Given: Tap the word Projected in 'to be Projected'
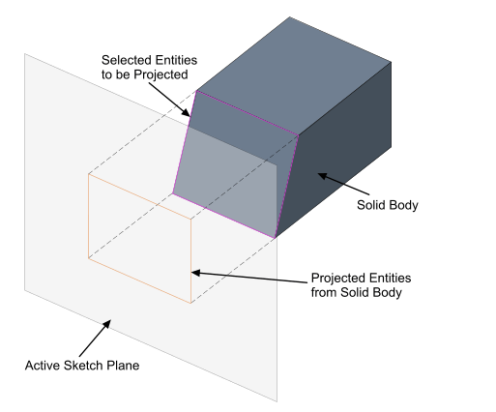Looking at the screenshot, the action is [x=160, y=74].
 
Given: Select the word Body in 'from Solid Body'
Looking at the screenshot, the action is [x=389, y=292].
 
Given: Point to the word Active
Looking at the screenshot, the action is [x=43, y=366].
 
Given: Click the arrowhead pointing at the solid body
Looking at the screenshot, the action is [x=323, y=176].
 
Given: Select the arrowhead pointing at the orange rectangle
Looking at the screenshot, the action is [x=196, y=273].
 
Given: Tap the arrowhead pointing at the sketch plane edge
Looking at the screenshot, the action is [x=107, y=324].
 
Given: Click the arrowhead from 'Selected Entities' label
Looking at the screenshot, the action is [x=186, y=112].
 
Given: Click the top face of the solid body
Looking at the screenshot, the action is [x=293, y=75].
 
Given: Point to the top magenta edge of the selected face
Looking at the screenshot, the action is [x=248, y=113].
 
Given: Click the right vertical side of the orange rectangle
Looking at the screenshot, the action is [x=191, y=261].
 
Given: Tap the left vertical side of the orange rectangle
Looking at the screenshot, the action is [x=88, y=216].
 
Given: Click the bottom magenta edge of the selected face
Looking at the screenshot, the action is [x=224, y=216].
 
